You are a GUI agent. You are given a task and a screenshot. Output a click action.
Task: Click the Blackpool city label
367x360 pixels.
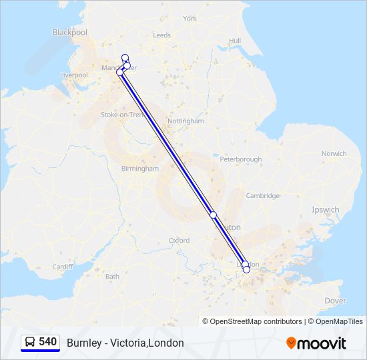click(69, 32)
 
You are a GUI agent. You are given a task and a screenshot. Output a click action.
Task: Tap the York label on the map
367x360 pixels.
click(190, 19)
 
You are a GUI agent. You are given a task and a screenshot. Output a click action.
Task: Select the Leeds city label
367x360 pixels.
click(161, 35)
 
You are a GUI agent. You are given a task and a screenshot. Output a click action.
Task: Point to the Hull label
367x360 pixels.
click(234, 41)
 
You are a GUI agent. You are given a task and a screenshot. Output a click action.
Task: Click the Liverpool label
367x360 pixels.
click(73, 75)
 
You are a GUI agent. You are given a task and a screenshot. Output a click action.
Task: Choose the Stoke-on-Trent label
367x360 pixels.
click(122, 115)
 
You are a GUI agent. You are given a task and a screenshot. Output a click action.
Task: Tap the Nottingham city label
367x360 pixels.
click(186, 121)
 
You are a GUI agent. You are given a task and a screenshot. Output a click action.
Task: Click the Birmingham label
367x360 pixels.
click(140, 169)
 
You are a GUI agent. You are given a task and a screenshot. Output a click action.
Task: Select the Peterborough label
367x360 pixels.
click(240, 159)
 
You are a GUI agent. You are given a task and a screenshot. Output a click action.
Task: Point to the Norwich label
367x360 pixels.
click(334, 153)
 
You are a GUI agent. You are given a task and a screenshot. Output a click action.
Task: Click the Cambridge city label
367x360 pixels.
click(262, 196)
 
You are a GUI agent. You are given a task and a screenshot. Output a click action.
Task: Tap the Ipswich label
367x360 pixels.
click(326, 209)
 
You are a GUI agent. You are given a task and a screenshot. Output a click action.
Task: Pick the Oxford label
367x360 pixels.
click(179, 240)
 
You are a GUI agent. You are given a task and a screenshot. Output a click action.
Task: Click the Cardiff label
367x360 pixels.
click(62, 267)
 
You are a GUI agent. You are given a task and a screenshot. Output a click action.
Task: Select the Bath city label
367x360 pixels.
click(112, 276)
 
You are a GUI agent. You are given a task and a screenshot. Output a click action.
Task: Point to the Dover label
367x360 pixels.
click(335, 301)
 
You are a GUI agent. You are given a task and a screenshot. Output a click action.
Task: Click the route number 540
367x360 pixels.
click(47, 341)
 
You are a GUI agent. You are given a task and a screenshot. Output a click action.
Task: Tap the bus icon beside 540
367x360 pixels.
click(30, 342)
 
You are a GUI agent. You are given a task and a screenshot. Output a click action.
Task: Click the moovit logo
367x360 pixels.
click(316, 343)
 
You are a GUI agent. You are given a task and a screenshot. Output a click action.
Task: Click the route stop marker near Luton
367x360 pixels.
click(214, 215)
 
